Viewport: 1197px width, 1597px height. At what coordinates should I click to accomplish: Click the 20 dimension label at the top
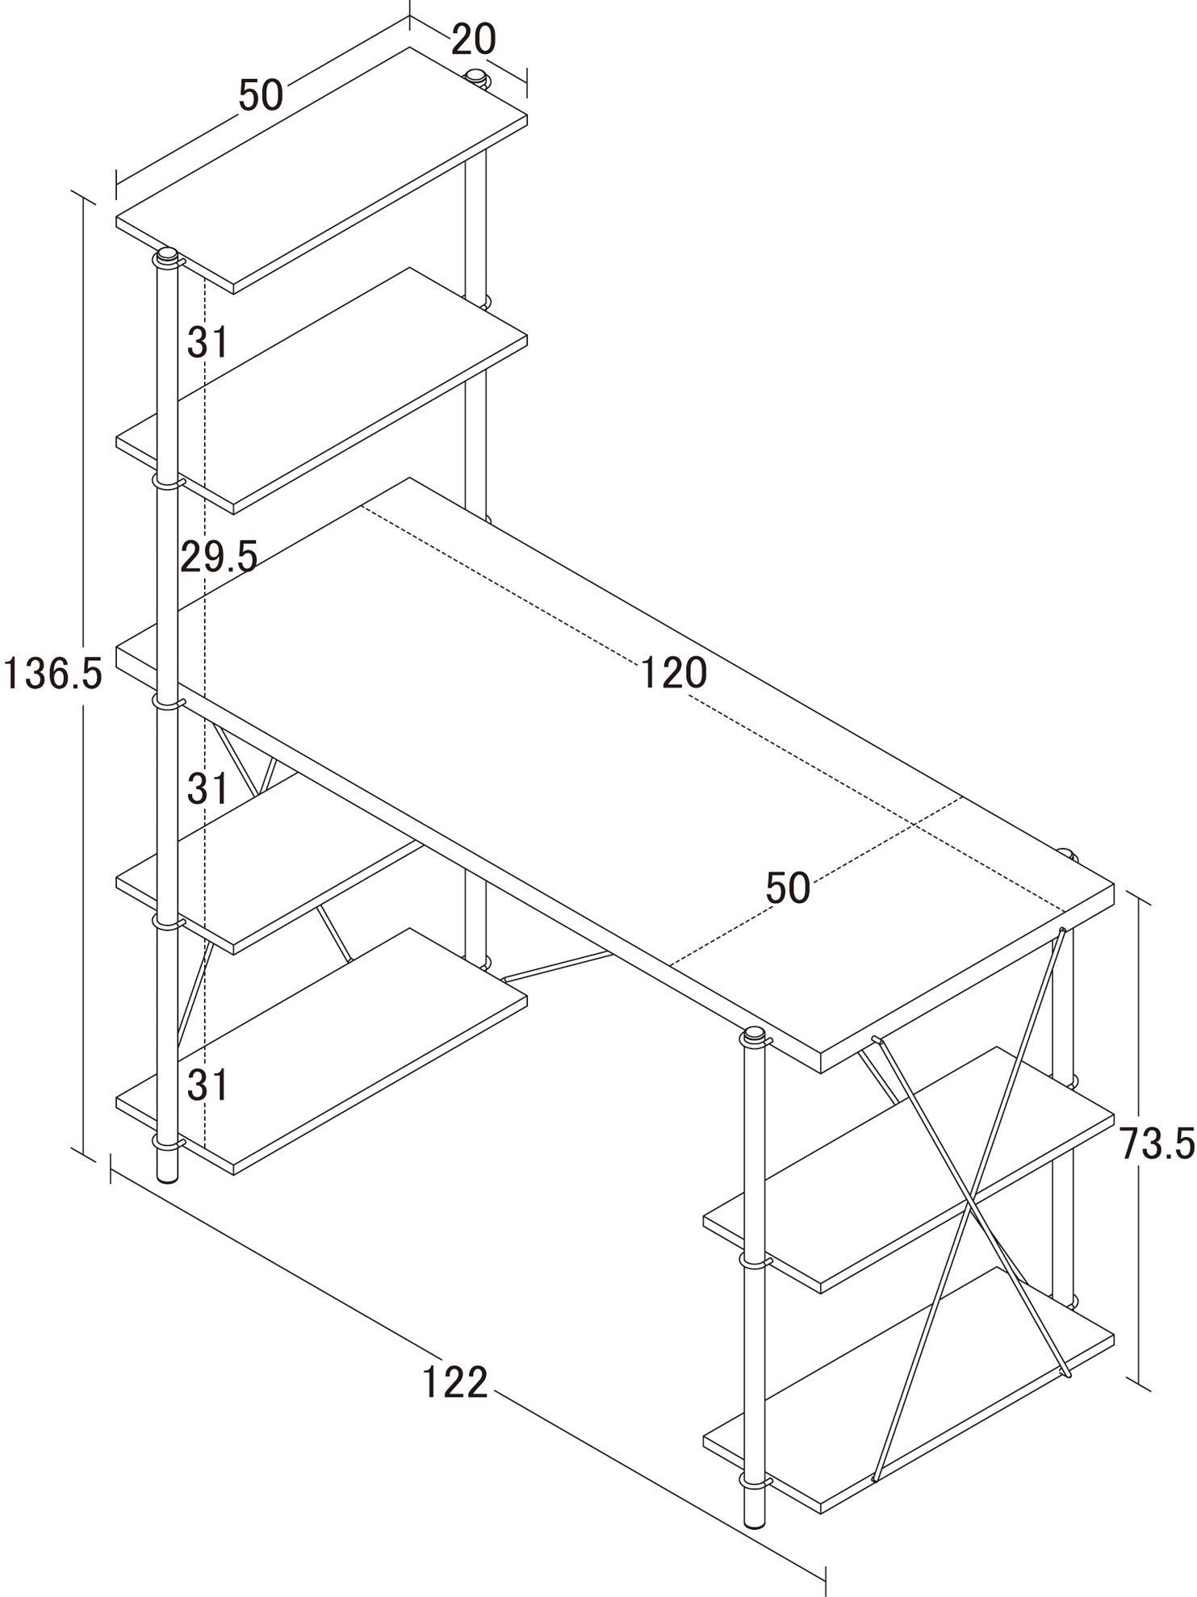(473, 39)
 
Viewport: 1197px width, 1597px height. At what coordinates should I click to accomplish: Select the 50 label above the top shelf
(261, 95)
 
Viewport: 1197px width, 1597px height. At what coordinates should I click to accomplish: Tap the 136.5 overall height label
(53, 673)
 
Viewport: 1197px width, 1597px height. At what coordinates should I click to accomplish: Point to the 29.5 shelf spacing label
(219, 556)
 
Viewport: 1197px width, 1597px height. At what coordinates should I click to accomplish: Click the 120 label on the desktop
(674, 672)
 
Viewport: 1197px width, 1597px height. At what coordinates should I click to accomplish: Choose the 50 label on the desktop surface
(788, 888)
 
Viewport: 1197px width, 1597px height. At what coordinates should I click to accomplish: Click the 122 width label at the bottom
(455, 1382)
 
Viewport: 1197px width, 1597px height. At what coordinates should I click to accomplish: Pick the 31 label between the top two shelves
(208, 342)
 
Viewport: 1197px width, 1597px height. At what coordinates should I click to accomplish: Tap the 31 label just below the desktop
(208, 788)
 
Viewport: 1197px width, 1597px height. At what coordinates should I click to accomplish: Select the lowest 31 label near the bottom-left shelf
(208, 1085)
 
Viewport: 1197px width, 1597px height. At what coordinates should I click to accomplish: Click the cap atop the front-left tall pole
(167, 257)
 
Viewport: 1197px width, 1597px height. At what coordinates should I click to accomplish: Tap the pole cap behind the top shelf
(477, 78)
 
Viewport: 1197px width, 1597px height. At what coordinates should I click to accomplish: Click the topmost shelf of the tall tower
(321, 169)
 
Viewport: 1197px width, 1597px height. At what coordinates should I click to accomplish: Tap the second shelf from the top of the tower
(321, 391)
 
